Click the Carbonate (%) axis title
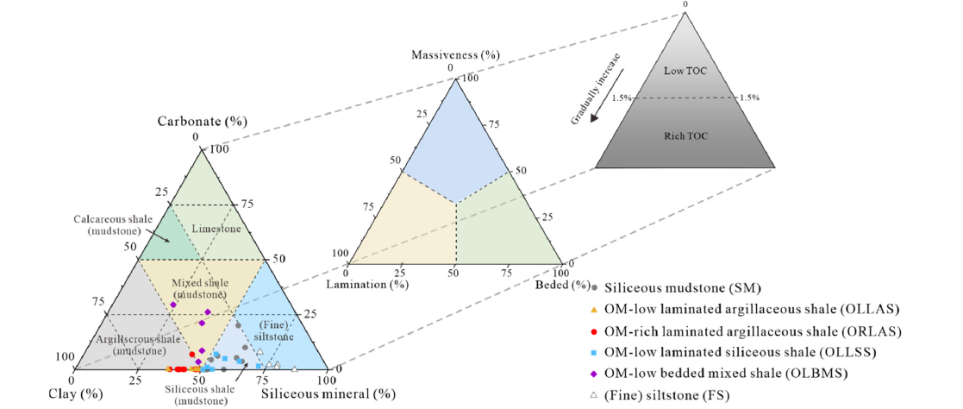coord(202,121)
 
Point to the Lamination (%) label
coord(366,283)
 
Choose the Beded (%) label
coord(562,284)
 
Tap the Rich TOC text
coord(685,135)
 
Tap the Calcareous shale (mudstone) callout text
coord(107,225)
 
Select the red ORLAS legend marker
coord(594,330)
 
